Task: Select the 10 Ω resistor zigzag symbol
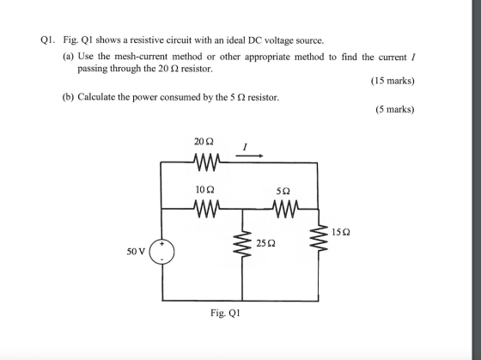207,209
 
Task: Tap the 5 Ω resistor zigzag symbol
285,209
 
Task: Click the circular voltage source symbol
162,252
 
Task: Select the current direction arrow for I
249,156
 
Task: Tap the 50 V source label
136,252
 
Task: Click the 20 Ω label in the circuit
204,142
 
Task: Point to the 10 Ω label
204,190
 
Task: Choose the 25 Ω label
265,244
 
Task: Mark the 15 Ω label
340,232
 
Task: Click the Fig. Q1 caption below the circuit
225,313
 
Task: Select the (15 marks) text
393,81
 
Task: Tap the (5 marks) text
395,109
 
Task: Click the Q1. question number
48,40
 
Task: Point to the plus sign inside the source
164,244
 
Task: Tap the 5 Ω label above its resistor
283,192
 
